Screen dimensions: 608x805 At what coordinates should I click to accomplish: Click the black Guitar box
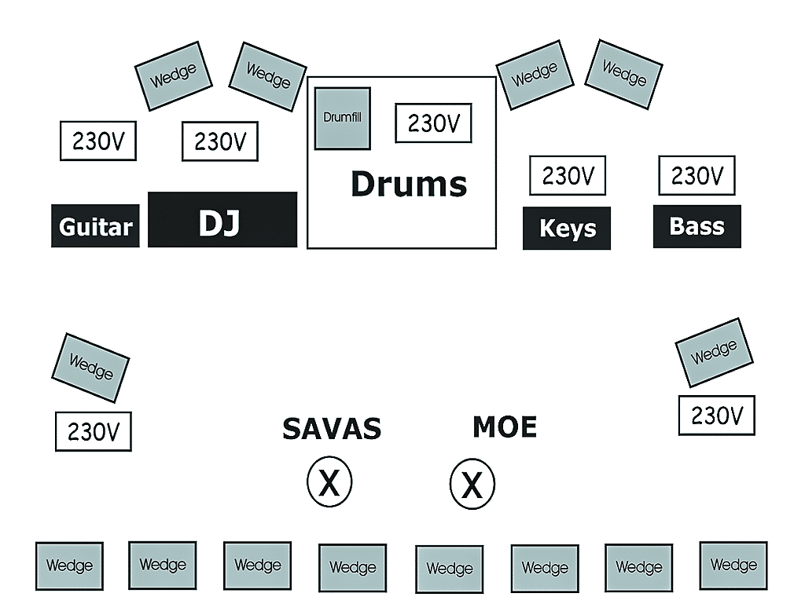(x=95, y=226)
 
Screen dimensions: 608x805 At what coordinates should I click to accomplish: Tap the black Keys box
(x=567, y=228)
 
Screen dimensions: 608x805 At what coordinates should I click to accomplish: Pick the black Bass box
(x=697, y=226)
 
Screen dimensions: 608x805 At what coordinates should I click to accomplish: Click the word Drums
(x=409, y=184)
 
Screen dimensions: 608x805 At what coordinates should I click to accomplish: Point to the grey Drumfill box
(x=343, y=118)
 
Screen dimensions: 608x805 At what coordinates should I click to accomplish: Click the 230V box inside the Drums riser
(x=433, y=123)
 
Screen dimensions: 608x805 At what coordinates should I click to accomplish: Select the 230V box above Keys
(x=568, y=176)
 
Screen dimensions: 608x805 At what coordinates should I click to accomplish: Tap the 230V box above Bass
(x=697, y=175)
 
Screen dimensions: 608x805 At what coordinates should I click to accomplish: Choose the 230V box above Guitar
(x=98, y=141)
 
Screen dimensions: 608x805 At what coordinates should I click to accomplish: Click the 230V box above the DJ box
(x=220, y=141)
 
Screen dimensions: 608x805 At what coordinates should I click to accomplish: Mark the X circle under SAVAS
(x=329, y=482)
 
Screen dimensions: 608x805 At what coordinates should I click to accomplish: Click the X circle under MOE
(x=472, y=484)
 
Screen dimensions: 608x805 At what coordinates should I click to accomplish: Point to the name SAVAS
(x=332, y=429)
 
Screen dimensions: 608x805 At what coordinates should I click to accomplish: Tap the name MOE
(x=505, y=427)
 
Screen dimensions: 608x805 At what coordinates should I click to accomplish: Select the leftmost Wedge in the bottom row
(x=69, y=566)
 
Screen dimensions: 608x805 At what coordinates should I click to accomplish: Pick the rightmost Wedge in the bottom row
(x=733, y=565)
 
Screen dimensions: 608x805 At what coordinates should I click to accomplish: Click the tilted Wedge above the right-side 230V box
(x=714, y=353)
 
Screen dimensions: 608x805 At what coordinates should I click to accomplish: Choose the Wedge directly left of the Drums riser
(x=267, y=76)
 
